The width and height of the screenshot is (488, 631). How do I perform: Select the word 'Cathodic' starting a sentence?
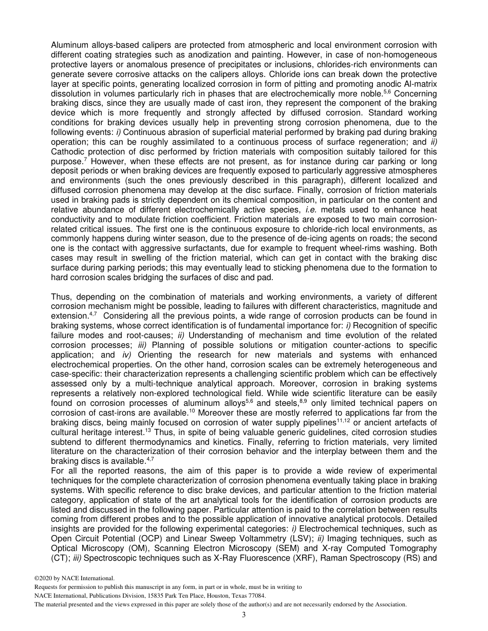tap(67, 151)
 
